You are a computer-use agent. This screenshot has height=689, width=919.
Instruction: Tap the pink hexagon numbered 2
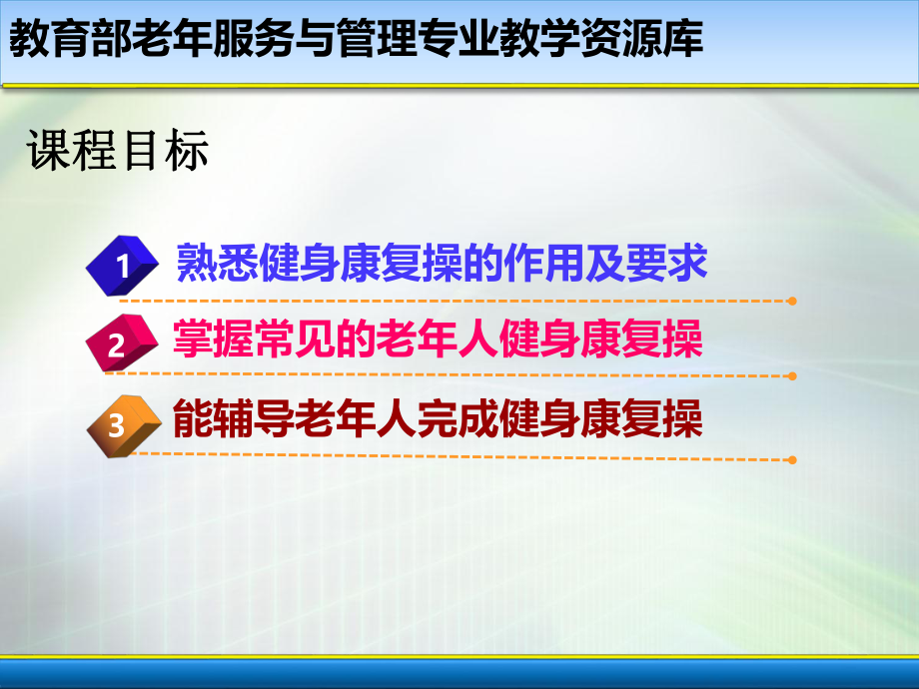coord(118,344)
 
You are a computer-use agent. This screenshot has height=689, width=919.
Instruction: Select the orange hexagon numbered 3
coord(117,424)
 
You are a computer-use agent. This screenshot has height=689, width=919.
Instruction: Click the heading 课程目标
coord(118,152)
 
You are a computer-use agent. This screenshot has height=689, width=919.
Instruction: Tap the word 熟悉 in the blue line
coord(208,263)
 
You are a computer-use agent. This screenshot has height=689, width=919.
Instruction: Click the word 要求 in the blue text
coord(674,263)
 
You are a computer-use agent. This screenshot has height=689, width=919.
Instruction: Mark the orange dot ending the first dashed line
coord(791,300)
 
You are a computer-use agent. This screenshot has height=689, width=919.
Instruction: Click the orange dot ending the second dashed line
coord(791,376)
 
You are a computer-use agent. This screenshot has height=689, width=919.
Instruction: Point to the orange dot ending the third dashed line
coord(791,459)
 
